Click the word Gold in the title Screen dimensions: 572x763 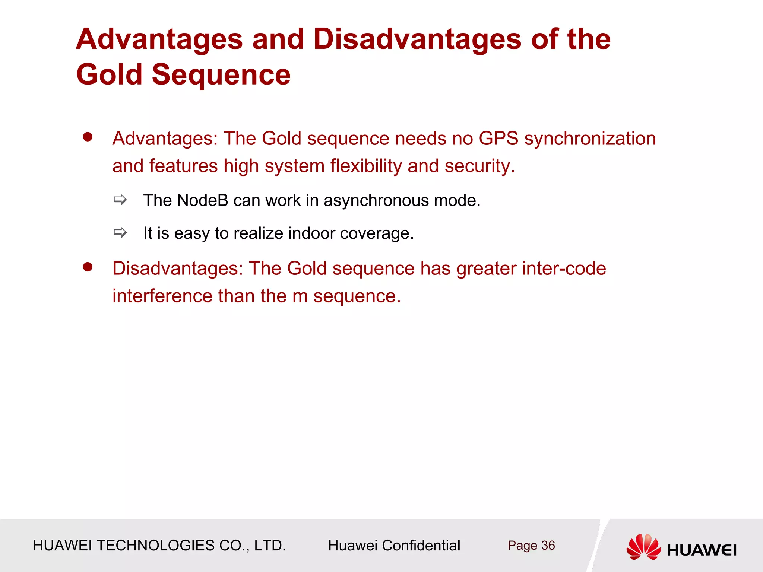coord(110,74)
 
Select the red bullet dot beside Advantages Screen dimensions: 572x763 coord(88,137)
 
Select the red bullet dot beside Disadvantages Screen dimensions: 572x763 coord(88,267)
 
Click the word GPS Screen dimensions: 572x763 coord(498,139)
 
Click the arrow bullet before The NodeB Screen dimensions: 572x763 coord(120,200)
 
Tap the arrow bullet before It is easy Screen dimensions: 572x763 coord(120,233)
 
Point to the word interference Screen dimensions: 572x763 coord(162,296)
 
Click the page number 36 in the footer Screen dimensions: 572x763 coord(548,546)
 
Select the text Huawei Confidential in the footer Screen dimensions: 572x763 coord(394,546)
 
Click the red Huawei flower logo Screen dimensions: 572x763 coord(643,547)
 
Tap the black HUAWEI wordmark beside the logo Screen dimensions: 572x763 coord(702,550)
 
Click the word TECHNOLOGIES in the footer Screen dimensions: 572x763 coord(155,546)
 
